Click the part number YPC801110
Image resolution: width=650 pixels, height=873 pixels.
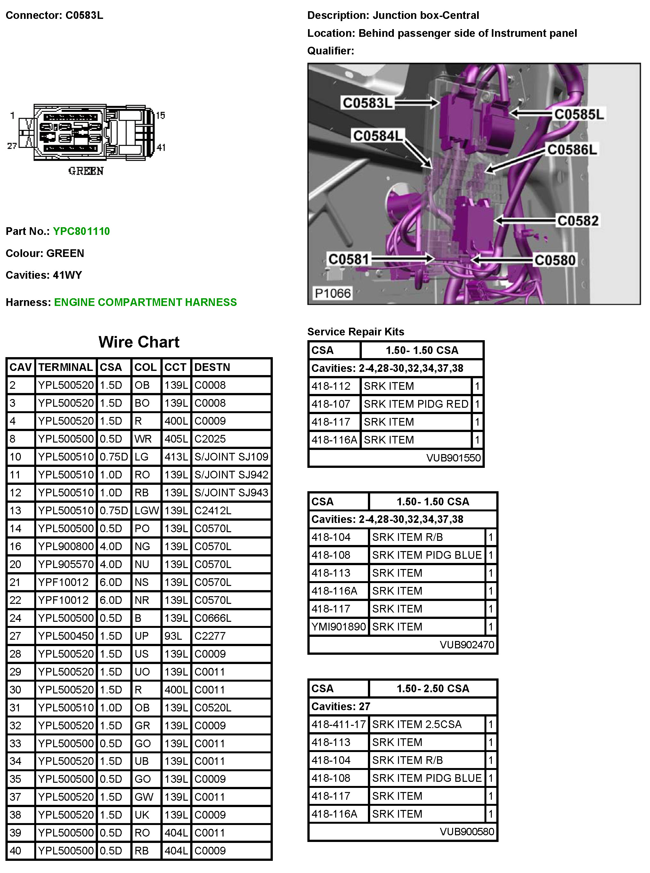pos(81,231)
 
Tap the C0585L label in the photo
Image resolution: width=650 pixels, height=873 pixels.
pos(578,115)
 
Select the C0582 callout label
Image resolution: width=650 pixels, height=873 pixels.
pos(578,220)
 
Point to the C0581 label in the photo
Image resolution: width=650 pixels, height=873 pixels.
pos(349,259)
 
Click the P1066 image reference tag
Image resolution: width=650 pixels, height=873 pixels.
pos(332,293)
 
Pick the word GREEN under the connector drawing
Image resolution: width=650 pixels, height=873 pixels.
pos(86,171)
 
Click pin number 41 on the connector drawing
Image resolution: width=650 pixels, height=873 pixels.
pos(161,148)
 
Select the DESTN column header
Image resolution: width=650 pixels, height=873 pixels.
pos(212,367)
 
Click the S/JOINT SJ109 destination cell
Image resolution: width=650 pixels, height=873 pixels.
pos(231,457)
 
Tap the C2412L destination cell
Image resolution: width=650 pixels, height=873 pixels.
pos(213,510)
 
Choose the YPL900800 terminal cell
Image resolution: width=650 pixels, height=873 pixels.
pos(66,546)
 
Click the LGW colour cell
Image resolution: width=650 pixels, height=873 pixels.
pos(146,510)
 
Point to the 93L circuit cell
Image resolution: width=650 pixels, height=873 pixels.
pos(173,636)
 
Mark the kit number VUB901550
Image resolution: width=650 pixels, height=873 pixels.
pos(453,458)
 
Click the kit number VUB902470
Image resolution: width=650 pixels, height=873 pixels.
pos(467,645)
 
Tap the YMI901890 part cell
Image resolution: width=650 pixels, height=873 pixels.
pos(338,627)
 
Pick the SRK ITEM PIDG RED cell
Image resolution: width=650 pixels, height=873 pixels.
pos(416,404)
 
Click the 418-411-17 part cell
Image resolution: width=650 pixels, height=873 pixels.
pos(338,725)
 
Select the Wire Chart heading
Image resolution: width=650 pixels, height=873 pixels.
pos(139,342)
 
